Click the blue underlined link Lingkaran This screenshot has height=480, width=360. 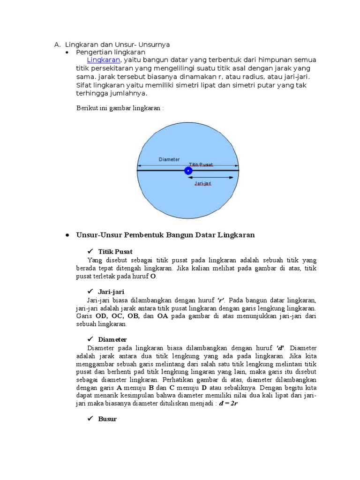[x=104, y=60]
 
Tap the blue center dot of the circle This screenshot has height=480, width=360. [x=188, y=171]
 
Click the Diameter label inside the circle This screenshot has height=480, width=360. [x=169, y=159]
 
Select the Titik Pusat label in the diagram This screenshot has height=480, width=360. [x=201, y=165]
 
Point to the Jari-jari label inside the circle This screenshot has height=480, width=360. [x=202, y=184]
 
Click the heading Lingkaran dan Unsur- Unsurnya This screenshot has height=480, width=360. [x=117, y=45]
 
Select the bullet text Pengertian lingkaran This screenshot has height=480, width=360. [x=111, y=52]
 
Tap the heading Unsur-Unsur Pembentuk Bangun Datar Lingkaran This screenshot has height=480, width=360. [x=165, y=235]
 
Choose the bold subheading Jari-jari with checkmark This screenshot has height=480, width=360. [x=111, y=292]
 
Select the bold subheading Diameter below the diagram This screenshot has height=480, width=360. [x=112, y=339]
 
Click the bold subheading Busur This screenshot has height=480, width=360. [x=107, y=419]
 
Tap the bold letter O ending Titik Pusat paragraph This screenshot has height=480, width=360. [x=153, y=277]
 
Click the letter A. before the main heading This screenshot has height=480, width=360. [x=57, y=45]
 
